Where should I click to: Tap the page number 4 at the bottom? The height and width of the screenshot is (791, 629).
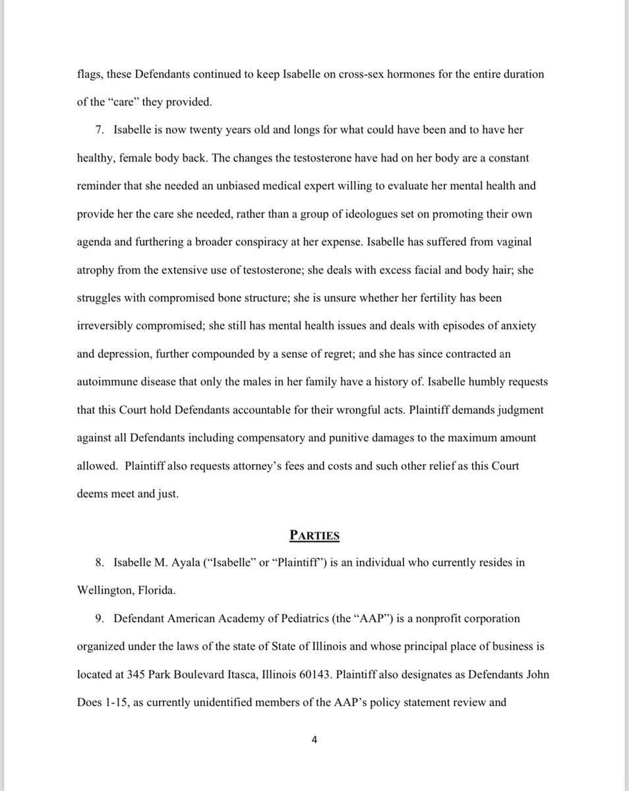pos(314,740)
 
